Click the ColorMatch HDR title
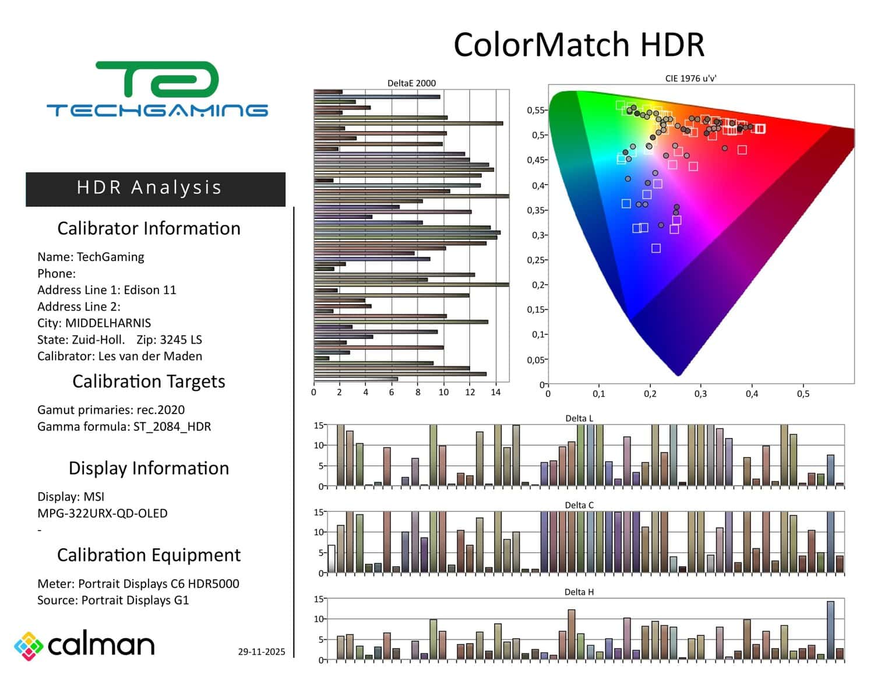tap(579, 45)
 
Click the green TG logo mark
tap(157, 79)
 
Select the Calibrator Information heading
tap(149, 228)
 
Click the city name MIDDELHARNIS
tap(108, 323)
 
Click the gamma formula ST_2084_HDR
tap(172, 427)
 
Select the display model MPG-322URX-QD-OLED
tap(103, 514)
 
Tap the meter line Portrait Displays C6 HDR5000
tap(158, 584)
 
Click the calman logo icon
tap(29, 646)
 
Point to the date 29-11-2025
tap(262, 652)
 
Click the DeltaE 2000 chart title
tap(411, 83)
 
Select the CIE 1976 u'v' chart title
tap(690, 79)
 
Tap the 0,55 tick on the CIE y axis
tap(535, 110)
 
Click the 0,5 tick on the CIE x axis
tap(803, 394)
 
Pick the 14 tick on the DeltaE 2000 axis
tap(496, 393)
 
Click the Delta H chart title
tap(579, 592)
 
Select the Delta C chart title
tap(579, 505)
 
